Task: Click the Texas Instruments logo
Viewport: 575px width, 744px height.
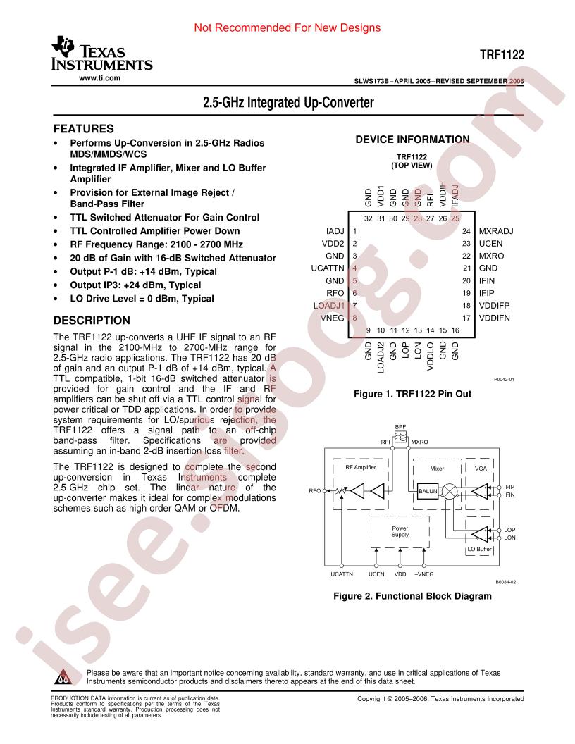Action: click(x=101, y=53)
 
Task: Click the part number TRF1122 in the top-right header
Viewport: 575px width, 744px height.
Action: click(x=502, y=54)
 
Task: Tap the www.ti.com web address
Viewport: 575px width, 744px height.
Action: click(x=99, y=78)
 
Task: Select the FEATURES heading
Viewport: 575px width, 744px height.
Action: click(x=83, y=129)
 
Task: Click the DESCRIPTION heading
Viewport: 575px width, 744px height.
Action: click(x=92, y=321)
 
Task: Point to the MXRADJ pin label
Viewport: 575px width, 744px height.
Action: click(x=496, y=231)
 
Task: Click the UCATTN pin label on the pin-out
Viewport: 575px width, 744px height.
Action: click(x=328, y=268)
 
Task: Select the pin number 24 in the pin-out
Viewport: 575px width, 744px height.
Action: click(x=466, y=231)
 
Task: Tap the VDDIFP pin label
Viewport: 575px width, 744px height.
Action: click(x=494, y=306)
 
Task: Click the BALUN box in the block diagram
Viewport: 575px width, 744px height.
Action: click(x=428, y=491)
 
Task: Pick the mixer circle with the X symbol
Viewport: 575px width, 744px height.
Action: click(x=449, y=491)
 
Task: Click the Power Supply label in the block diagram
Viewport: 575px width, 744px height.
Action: click(x=400, y=531)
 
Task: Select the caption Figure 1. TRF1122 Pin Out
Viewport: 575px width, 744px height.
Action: click(x=413, y=394)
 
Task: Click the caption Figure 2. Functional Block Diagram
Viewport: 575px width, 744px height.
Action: click(x=412, y=596)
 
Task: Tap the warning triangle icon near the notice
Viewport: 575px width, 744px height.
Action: click(x=63, y=677)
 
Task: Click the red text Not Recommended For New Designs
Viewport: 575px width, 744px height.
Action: click(x=287, y=27)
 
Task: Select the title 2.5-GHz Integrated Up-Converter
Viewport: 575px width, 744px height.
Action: click(x=288, y=102)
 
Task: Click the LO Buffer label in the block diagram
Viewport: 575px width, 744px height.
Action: click(x=480, y=549)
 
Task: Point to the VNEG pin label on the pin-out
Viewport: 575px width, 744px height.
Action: click(x=332, y=318)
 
